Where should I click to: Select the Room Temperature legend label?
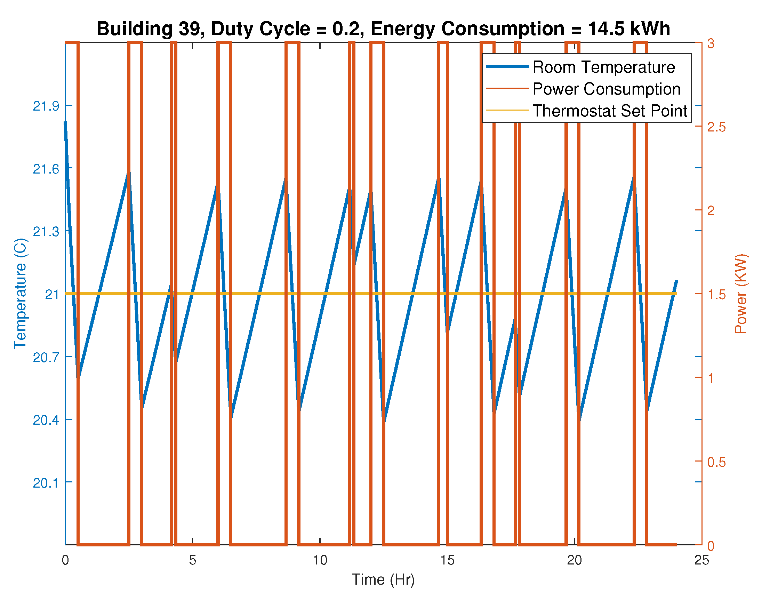coord(603,67)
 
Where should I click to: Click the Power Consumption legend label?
coord(606,89)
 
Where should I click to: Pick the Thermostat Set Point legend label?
coord(610,111)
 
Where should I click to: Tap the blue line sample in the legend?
coord(507,66)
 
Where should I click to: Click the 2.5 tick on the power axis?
coord(716,127)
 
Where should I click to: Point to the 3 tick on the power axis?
coord(711,43)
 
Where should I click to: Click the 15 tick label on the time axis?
coord(447,560)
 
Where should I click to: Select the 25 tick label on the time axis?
coord(701,560)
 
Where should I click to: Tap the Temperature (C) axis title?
coord(21,294)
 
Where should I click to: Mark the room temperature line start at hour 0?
coord(65,122)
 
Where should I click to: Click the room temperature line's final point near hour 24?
coord(676,280)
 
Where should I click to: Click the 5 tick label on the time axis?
coord(192,560)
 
